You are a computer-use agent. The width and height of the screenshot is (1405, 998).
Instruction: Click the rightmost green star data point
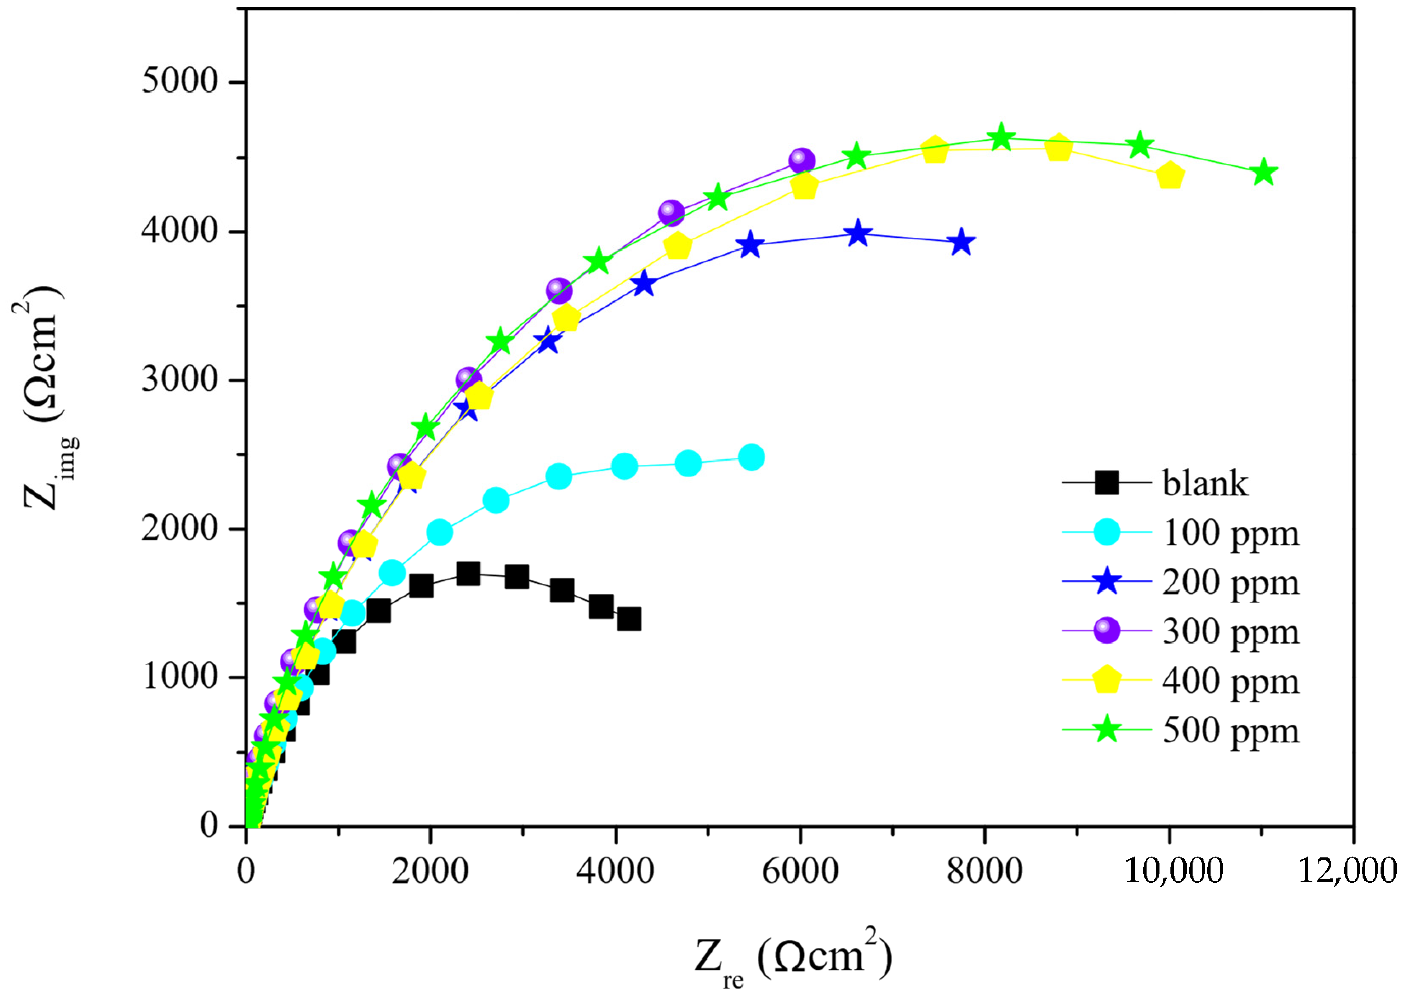(1264, 173)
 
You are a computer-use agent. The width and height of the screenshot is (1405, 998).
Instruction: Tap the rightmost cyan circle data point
(751, 457)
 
